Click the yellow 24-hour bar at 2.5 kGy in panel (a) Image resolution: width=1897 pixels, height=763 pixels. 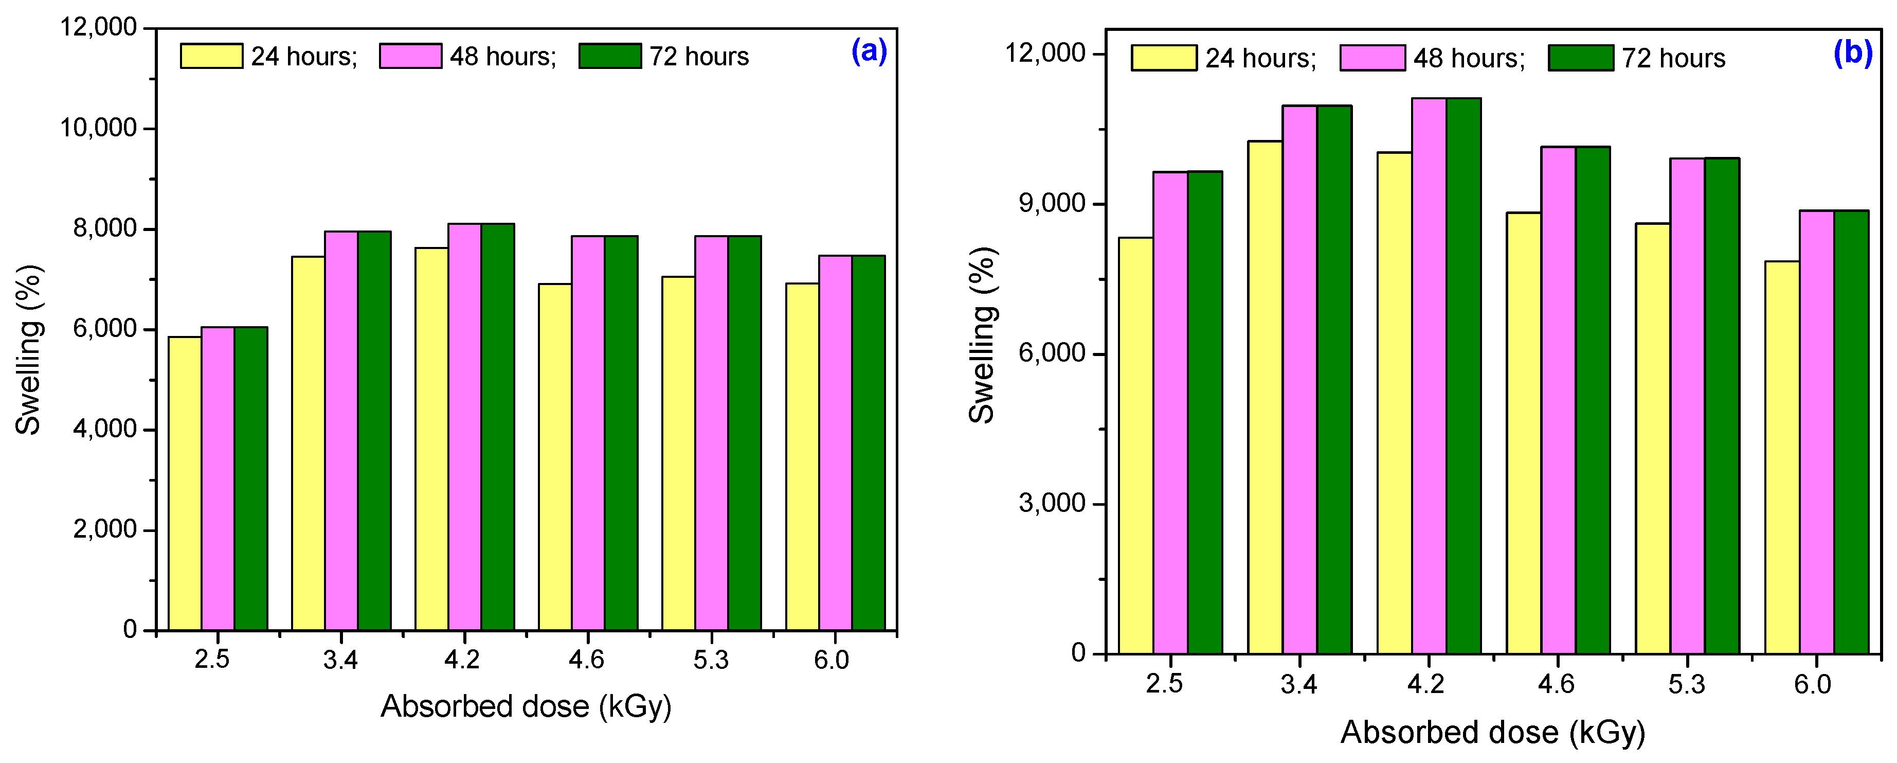(x=185, y=483)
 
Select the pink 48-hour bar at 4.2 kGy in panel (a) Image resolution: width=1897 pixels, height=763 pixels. (x=465, y=427)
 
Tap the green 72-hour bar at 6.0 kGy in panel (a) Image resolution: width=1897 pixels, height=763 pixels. (x=868, y=442)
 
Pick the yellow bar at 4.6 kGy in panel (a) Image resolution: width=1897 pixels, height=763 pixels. (x=554, y=457)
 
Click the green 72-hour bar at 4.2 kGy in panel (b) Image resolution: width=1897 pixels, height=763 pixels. (x=1464, y=376)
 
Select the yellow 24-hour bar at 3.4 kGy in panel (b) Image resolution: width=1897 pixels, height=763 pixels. (x=1265, y=397)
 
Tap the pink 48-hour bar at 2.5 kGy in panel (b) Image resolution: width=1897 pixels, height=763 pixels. (x=1170, y=413)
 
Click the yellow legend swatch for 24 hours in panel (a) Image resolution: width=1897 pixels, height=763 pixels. (x=211, y=56)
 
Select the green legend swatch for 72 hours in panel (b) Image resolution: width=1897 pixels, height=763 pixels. (x=1580, y=58)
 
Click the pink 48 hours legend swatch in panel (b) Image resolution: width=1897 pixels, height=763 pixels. (x=1372, y=58)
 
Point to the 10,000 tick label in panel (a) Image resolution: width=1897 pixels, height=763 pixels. (x=99, y=128)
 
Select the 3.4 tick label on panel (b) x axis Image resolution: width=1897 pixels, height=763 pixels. (x=1298, y=684)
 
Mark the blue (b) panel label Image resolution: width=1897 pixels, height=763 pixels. (x=1853, y=53)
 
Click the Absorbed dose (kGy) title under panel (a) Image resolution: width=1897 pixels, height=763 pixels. (x=526, y=706)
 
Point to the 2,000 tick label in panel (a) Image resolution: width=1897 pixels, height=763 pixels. (x=104, y=529)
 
